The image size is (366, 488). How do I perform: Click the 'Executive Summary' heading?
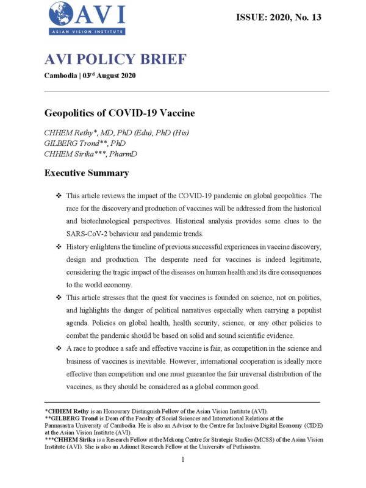(87, 173)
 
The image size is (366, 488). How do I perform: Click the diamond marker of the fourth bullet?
(59, 348)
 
